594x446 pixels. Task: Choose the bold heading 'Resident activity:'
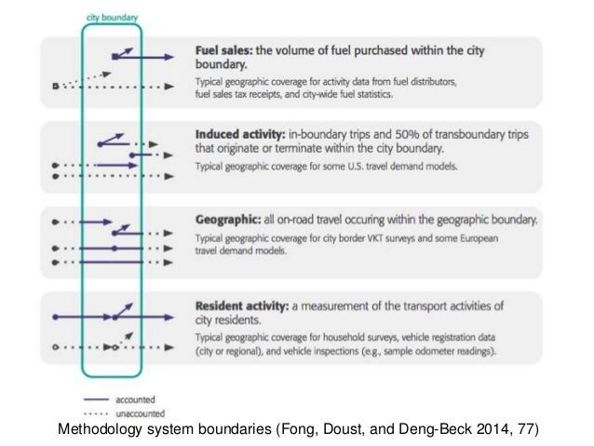(x=246, y=305)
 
